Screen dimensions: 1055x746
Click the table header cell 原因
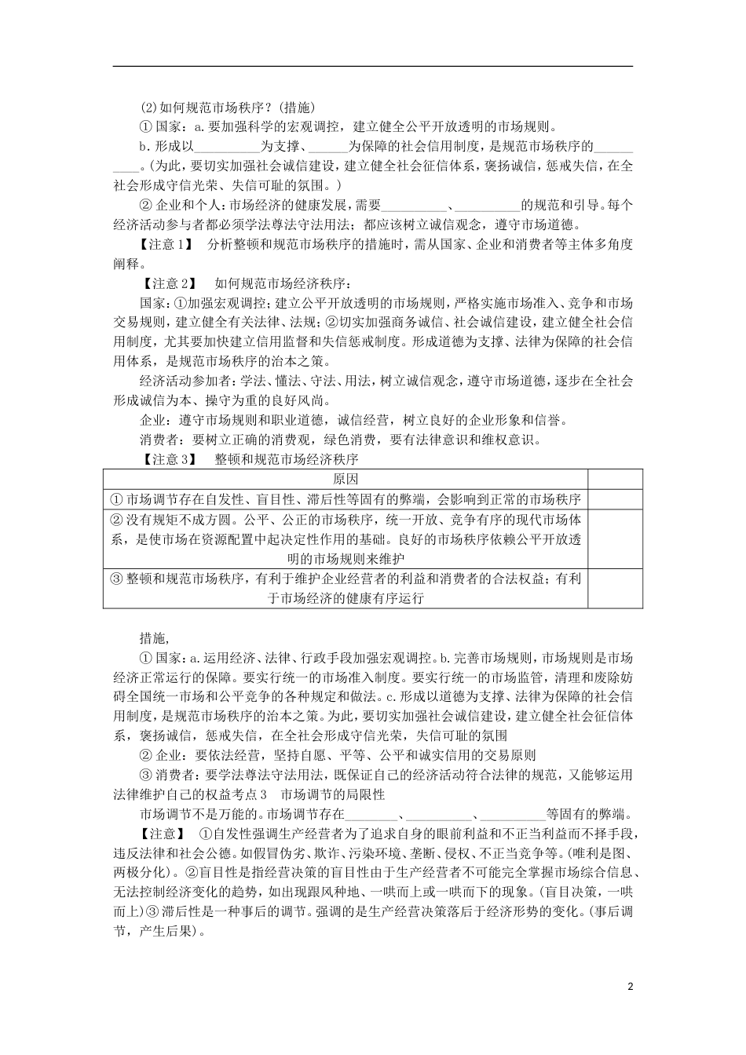click(x=346, y=479)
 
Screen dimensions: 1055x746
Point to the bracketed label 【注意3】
click(x=168, y=460)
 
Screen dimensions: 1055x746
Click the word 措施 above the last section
click(x=154, y=637)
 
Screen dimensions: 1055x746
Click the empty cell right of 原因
click(x=615, y=479)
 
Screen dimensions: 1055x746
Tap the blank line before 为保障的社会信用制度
click(x=328, y=148)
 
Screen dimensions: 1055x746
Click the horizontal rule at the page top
click(x=373, y=66)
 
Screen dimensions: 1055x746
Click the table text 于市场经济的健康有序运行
click(x=346, y=598)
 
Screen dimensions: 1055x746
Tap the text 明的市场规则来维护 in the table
click(x=346, y=559)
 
